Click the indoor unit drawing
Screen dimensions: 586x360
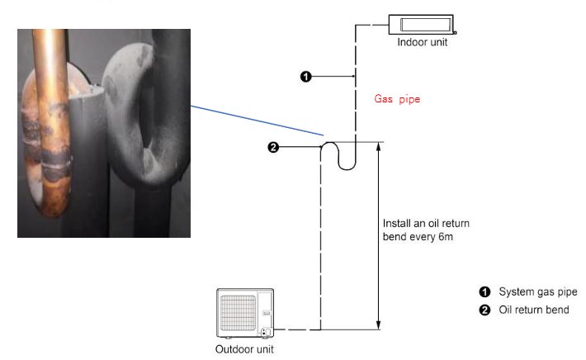coord(422,25)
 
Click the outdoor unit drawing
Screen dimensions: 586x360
coord(245,313)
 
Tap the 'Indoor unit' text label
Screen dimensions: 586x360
coord(422,42)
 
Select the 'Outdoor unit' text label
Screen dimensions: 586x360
coord(244,349)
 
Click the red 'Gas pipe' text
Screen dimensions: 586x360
coord(397,99)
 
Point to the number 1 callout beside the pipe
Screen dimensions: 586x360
coord(305,77)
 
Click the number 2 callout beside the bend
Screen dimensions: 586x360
coord(273,147)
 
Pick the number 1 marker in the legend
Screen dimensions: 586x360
coord(484,291)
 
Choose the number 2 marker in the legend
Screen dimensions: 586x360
coord(484,310)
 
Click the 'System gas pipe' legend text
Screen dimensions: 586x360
coord(538,292)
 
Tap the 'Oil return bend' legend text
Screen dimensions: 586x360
coord(534,310)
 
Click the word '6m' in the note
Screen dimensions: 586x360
coord(446,237)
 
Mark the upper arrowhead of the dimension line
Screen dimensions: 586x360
coord(379,146)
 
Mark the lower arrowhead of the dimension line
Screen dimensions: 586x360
coord(379,324)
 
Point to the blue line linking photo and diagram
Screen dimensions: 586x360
coord(258,121)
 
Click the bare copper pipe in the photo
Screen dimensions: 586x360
coord(52,123)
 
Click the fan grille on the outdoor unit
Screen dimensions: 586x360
coord(238,313)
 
